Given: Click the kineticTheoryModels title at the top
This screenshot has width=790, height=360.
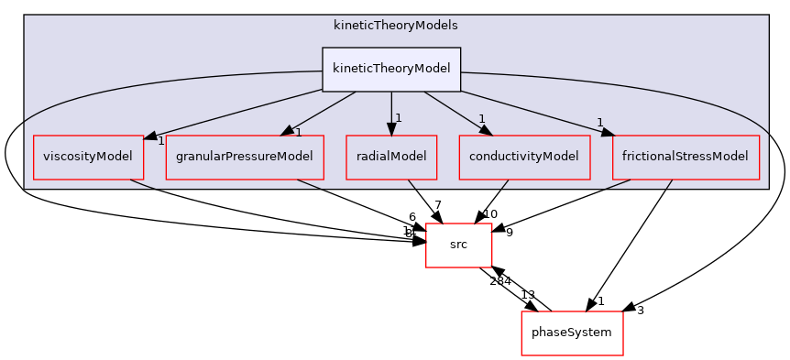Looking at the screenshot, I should point(396,25).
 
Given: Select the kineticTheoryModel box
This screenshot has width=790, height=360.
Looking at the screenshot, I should point(391,70).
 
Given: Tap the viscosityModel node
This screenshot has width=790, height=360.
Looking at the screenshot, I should point(88,156).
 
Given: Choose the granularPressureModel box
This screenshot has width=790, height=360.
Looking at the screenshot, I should point(245,156).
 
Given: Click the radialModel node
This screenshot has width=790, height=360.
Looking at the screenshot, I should point(391,156).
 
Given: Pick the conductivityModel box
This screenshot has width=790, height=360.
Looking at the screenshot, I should point(524,156).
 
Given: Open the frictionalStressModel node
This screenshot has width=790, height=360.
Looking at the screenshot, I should point(686,156).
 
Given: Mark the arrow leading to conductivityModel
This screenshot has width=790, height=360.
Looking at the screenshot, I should point(454,113).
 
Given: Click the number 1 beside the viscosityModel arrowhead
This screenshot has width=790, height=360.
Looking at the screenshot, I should point(160,141).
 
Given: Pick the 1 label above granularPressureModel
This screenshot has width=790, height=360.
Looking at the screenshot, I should point(298,133).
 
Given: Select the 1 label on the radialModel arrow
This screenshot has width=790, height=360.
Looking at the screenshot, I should point(399,118).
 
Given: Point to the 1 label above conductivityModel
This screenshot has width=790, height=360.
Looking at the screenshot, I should point(480,119).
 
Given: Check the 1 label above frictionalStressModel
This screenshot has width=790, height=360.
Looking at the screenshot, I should point(599,123).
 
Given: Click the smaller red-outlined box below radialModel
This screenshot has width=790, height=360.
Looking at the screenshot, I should point(459,245).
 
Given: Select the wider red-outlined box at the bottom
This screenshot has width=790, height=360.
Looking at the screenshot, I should point(572,333).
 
